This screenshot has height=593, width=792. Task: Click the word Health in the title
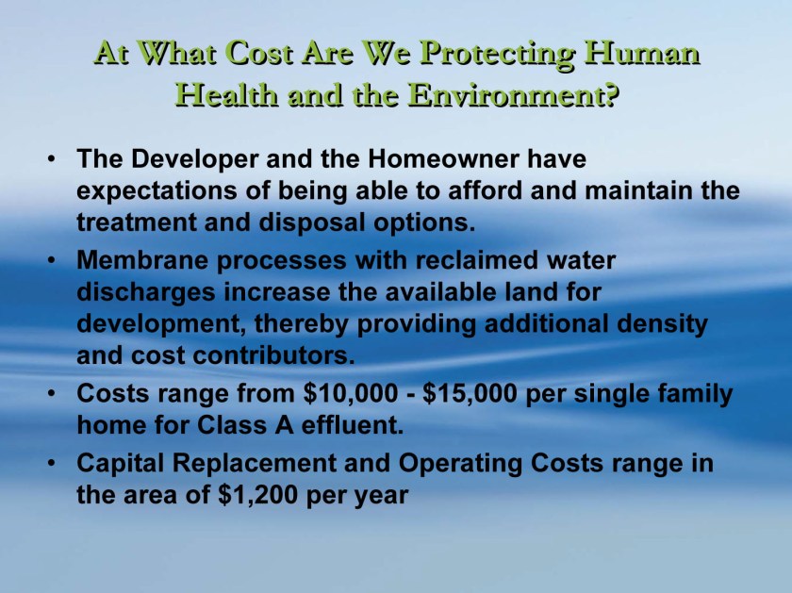(x=227, y=94)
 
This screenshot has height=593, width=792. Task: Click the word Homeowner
(x=443, y=158)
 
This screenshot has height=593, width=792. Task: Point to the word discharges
(x=146, y=293)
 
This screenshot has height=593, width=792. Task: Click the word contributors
(x=274, y=355)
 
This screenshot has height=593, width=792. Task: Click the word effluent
(x=353, y=425)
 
